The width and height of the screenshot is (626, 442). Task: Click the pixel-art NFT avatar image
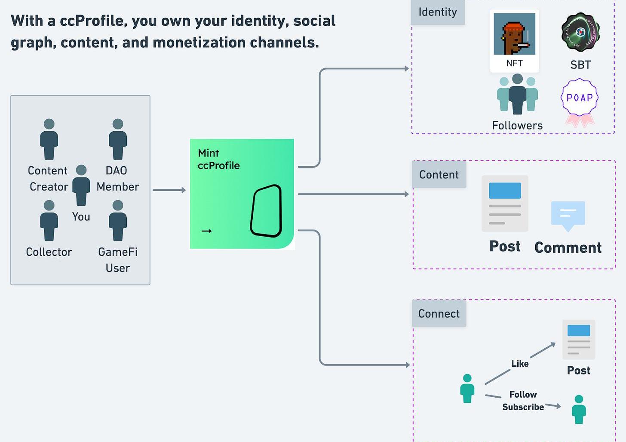tap(514, 34)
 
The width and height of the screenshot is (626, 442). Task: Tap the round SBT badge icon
tap(580, 32)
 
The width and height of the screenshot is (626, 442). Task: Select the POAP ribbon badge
tap(580, 102)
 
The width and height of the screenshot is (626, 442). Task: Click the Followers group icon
tap(517, 95)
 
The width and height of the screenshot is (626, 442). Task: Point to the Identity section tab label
tap(438, 12)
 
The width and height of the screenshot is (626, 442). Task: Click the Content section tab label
tap(439, 175)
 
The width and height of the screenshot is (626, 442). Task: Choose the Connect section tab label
tap(439, 314)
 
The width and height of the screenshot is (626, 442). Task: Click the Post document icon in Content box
tap(505, 203)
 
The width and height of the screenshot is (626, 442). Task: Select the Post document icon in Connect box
tap(579, 340)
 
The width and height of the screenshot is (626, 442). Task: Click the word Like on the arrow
tap(520, 364)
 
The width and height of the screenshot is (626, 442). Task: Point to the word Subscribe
tap(523, 407)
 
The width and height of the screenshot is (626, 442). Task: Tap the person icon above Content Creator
tap(49, 139)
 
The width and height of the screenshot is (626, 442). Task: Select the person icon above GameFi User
tap(118, 220)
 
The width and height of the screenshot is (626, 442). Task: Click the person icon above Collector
tap(49, 220)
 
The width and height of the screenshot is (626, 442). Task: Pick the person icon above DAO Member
tap(118, 139)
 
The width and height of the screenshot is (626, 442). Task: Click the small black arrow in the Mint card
tap(207, 231)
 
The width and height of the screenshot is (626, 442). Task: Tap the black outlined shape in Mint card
tap(266, 211)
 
